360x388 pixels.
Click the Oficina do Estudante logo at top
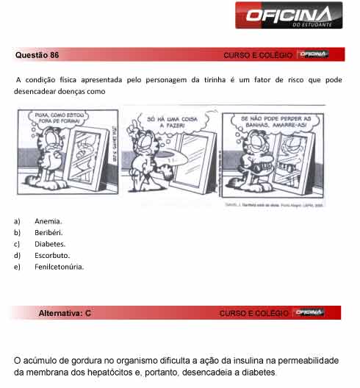coord(288,15)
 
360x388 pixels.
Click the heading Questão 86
coord(37,55)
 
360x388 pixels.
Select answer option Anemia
coord(48,220)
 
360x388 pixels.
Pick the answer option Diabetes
coord(50,243)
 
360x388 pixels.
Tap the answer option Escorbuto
coord(52,255)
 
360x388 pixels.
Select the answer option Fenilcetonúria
coord(59,266)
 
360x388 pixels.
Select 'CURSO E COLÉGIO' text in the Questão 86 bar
coord(256,56)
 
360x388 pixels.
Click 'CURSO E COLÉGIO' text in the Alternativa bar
coord(253,314)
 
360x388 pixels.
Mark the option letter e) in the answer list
coord(16,266)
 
